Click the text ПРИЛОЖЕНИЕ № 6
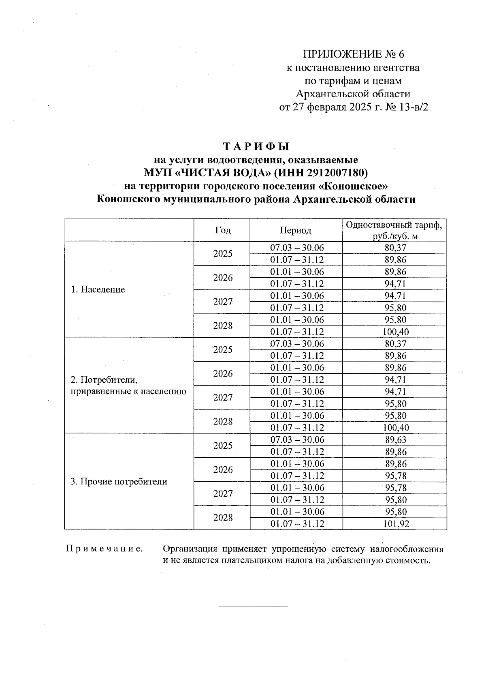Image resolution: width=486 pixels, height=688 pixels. click(x=354, y=54)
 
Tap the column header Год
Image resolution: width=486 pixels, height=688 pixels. click(x=222, y=230)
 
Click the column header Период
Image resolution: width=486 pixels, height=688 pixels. click(x=296, y=230)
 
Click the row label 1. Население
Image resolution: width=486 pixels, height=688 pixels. click(x=98, y=289)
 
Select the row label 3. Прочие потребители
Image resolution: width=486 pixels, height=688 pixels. click(x=119, y=482)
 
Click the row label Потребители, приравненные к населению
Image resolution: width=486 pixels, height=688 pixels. click(x=128, y=386)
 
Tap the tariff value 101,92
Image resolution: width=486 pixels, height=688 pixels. click(x=396, y=524)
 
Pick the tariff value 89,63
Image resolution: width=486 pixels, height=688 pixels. click(x=396, y=440)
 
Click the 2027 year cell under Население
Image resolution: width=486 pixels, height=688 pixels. click(x=222, y=302)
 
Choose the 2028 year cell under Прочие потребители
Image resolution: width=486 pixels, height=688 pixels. click(x=222, y=518)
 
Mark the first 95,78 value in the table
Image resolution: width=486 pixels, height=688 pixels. click(x=396, y=476)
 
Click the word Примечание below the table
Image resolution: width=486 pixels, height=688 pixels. click(x=104, y=549)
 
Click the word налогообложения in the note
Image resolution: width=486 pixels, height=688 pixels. click(x=406, y=549)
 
